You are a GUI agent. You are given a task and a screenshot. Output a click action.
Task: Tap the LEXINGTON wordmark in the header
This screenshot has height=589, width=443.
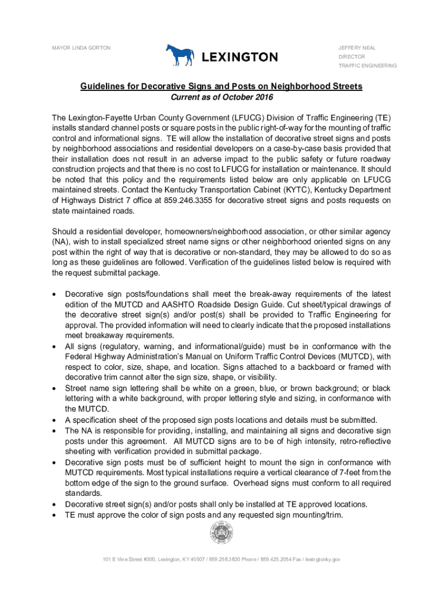click(239, 57)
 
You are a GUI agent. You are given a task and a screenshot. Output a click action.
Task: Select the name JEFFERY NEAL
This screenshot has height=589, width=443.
click(356, 47)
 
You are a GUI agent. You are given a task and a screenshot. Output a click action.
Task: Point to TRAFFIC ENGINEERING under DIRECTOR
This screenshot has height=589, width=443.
click(367, 66)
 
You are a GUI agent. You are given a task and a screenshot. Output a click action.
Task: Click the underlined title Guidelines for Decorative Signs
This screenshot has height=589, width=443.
click(221, 86)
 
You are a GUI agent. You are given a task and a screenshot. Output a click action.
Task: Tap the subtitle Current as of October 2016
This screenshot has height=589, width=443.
click(221, 98)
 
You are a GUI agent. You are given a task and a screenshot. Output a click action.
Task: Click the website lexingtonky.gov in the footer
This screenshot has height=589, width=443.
click(324, 559)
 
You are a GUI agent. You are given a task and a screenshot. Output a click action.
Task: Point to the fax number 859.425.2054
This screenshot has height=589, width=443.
click(277, 559)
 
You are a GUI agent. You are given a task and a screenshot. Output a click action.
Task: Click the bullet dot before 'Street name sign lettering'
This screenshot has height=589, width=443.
click(55, 388)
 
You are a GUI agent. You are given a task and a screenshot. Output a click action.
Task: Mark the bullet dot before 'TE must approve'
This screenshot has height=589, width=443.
click(55, 515)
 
